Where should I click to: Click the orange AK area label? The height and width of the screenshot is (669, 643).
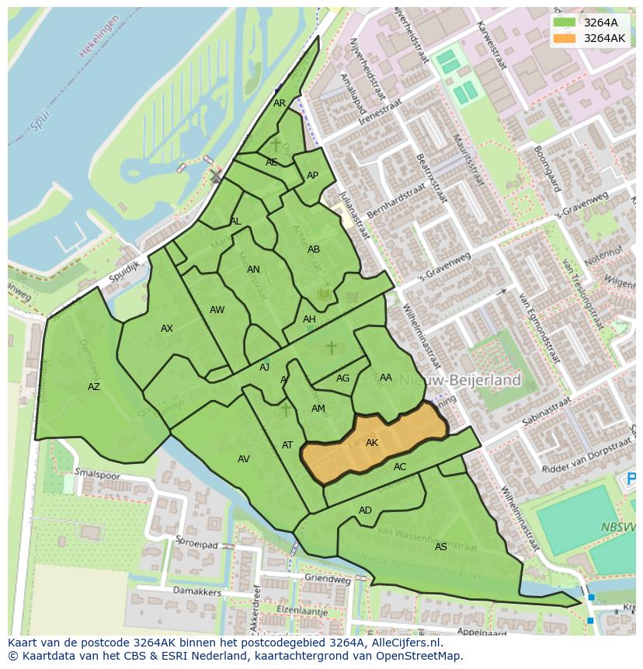[372, 443]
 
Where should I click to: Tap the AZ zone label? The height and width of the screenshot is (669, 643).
[94, 387]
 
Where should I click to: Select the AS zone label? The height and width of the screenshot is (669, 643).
[440, 547]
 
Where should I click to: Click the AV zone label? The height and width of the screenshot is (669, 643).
[244, 459]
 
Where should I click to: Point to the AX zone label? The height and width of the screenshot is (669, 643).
[167, 329]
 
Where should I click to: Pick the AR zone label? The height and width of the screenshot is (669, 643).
[280, 103]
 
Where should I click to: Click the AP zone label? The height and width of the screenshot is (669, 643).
[312, 176]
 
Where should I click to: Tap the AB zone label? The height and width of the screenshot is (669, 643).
[314, 249]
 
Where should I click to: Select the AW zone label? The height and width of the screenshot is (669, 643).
[217, 310]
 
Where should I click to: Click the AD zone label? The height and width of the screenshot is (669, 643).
[365, 510]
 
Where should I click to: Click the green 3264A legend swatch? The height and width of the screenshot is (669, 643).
[565, 23]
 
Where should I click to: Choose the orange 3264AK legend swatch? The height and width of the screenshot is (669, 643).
[565, 38]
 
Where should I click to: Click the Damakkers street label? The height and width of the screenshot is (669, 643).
[201, 592]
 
